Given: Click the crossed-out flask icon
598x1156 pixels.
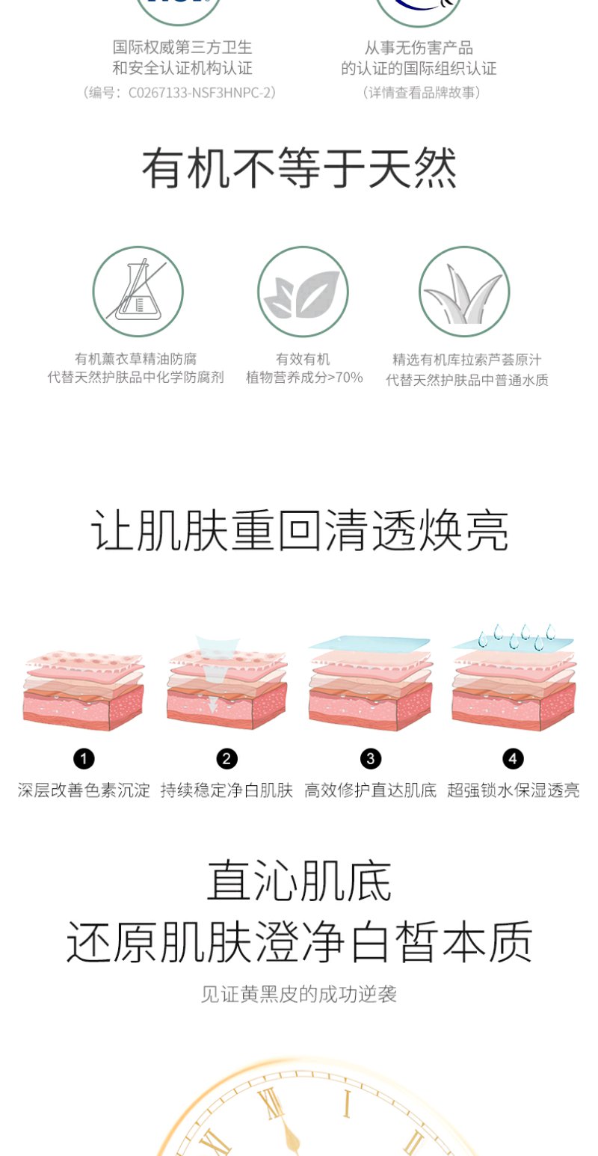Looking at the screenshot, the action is (x=138, y=292).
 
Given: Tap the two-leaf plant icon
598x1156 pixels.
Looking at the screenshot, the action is (x=303, y=292).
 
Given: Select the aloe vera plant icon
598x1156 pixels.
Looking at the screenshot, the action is (x=464, y=292).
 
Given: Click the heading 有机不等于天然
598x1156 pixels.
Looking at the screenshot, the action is (x=299, y=167).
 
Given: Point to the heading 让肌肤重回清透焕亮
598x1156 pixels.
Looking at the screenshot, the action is (x=299, y=531).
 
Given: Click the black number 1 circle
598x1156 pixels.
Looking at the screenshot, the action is (x=84, y=759).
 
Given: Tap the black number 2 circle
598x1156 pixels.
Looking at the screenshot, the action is (x=226, y=759).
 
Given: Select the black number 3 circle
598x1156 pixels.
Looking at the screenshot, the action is (x=371, y=759).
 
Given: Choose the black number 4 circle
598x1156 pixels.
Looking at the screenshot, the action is (x=513, y=759).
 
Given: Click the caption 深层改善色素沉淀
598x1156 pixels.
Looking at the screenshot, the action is (x=84, y=790).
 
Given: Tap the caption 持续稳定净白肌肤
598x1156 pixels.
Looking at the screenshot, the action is (x=226, y=790).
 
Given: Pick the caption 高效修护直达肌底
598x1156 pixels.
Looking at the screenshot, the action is (x=371, y=790).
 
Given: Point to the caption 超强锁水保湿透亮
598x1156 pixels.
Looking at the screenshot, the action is (x=514, y=790).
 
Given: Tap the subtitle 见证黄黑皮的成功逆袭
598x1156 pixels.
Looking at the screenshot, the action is (x=299, y=994).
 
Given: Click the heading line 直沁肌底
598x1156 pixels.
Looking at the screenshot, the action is (x=299, y=880).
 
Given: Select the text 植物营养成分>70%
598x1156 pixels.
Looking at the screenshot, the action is (x=304, y=378).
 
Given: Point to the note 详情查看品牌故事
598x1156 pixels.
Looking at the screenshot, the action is (x=422, y=93).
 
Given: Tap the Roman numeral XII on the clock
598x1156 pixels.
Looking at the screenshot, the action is (x=272, y=1105).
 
